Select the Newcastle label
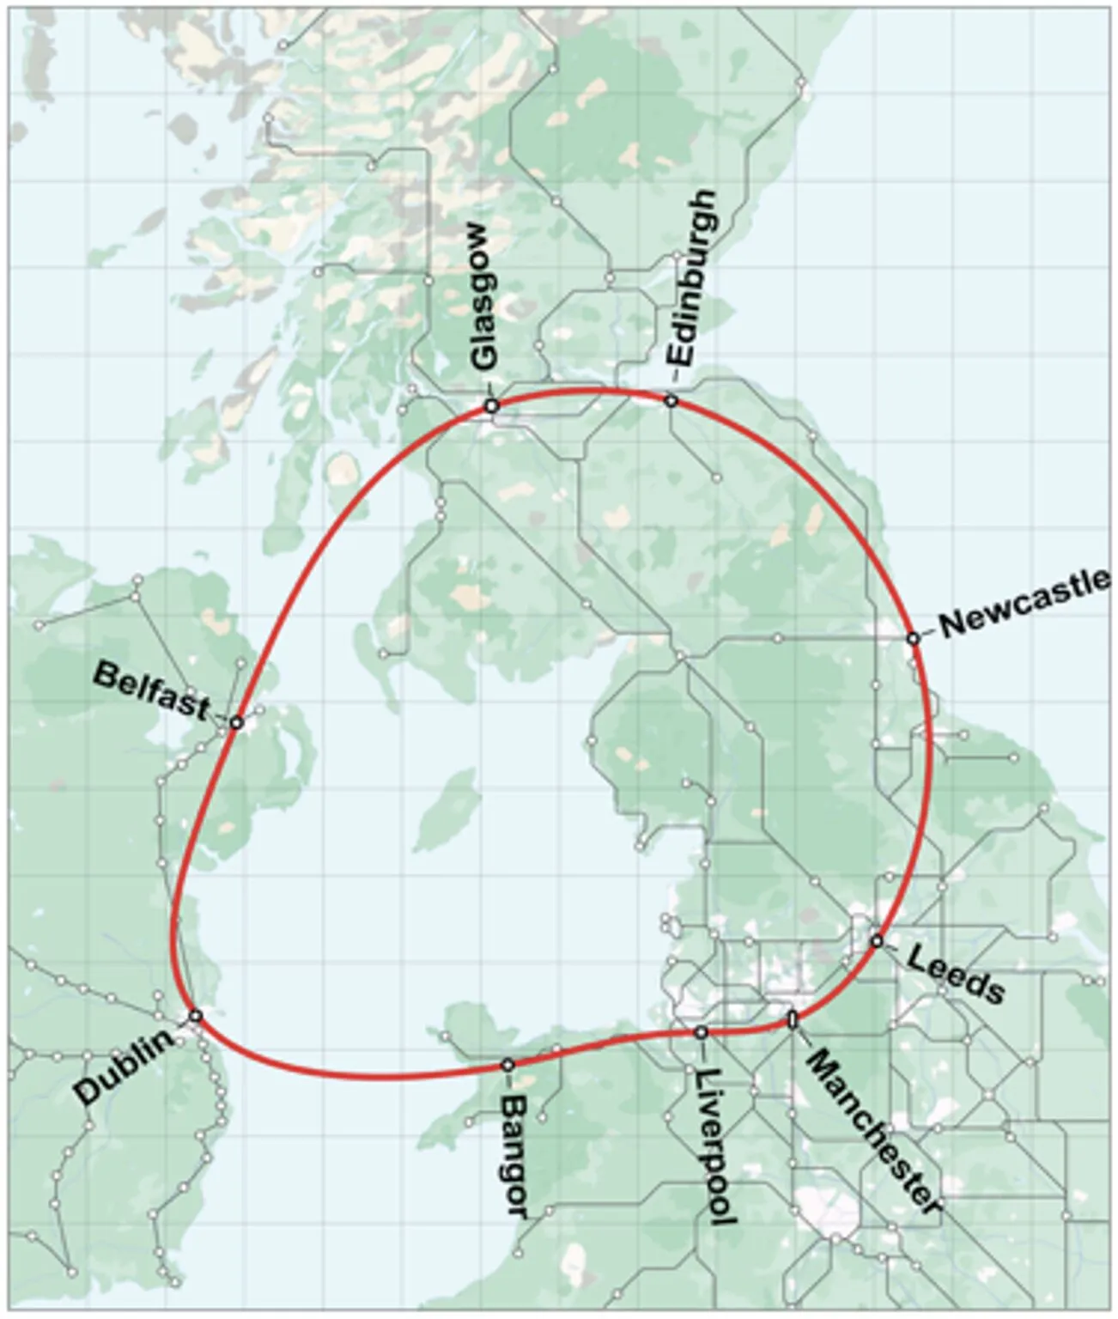pos(1022,604)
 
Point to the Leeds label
pos(955,976)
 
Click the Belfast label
pos(151,690)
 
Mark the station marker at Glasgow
pos(491,405)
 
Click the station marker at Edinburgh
pos(671,400)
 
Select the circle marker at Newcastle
pos(913,638)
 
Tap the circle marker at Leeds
pos(876,940)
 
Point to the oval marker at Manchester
pos(793,1019)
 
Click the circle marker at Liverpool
pos(701,1031)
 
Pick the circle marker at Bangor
pos(507,1065)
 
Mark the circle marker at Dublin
pos(195,1015)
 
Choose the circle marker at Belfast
pos(237,723)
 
